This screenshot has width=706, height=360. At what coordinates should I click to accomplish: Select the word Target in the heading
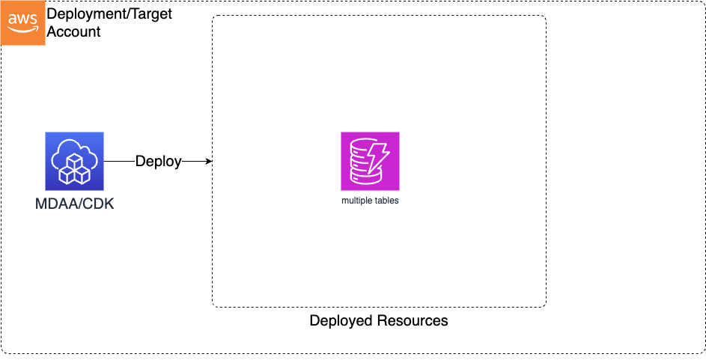pos(149,14)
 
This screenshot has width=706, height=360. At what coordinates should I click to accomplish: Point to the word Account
pos(74,32)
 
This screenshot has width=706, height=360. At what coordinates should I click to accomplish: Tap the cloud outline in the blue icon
pos(74,152)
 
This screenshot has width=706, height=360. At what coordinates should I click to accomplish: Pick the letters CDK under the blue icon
pos(99,204)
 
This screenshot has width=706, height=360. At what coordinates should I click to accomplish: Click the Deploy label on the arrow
pos(158,162)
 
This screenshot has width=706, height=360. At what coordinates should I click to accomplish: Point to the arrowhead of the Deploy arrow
pos(209,162)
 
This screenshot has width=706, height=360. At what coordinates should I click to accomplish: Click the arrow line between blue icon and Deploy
pos(119,162)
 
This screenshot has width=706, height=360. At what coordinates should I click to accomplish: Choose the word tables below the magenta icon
pos(387,201)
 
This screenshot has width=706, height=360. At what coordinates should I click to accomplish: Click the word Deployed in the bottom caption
pos(341,321)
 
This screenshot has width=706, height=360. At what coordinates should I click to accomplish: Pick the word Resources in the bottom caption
pos(413,321)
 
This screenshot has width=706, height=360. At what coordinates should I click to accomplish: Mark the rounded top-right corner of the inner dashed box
pos(544,19)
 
